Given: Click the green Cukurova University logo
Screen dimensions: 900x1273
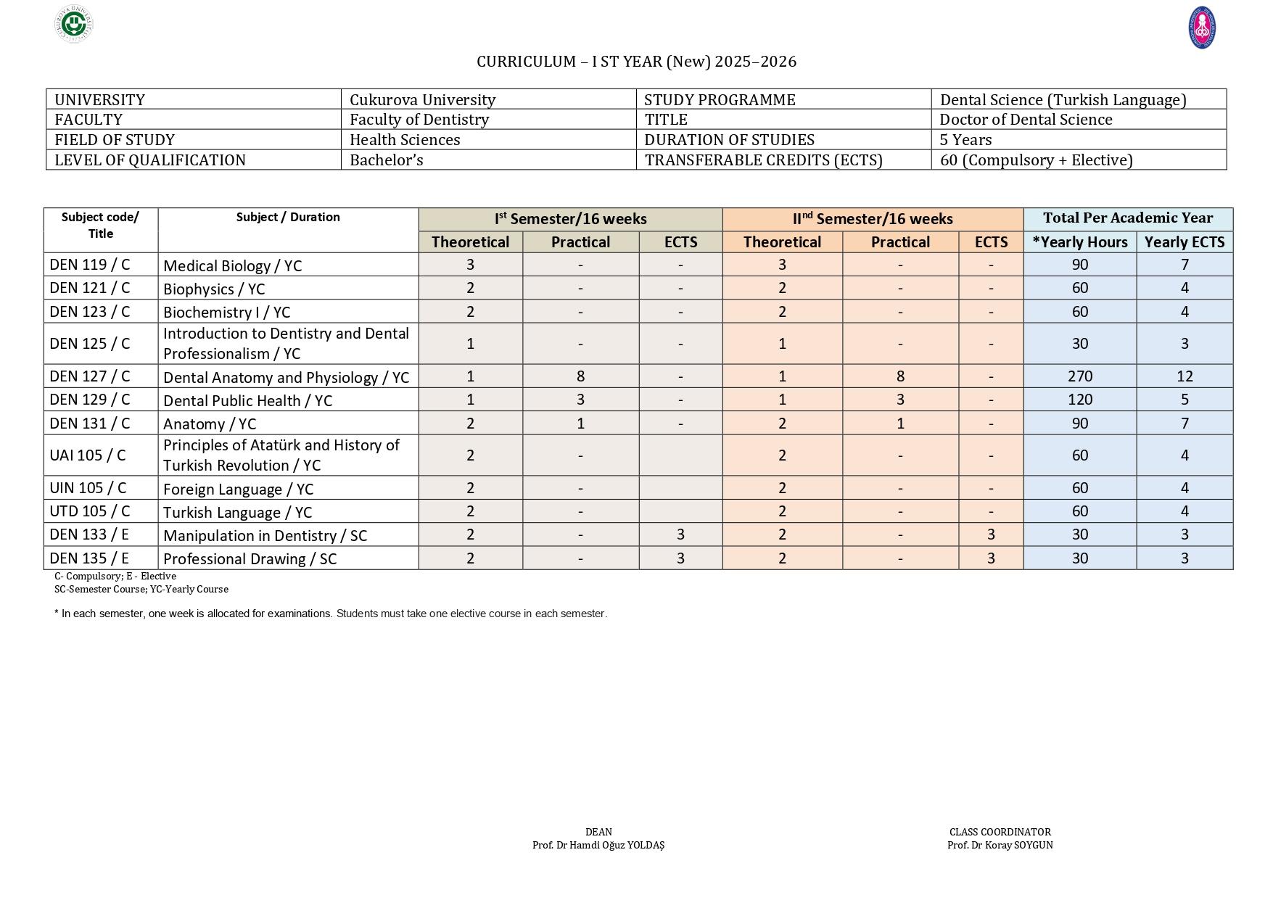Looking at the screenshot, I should point(74,25).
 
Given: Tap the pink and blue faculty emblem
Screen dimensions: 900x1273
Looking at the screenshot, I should point(1202,28).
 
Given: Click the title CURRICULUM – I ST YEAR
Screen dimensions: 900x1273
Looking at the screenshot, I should point(636,62).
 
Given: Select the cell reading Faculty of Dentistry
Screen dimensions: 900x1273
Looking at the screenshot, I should point(419,120).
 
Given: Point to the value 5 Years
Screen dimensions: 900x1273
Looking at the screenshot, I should point(965,140).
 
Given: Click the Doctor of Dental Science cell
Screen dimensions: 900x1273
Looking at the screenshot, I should point(1026,120).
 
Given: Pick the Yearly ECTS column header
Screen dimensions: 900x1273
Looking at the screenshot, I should point(1184,242).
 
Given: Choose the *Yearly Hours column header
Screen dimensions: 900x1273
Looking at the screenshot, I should point(1079,242).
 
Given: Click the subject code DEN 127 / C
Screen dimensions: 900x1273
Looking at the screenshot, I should point(90,376).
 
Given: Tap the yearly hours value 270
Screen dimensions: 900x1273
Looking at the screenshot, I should point(1079,376).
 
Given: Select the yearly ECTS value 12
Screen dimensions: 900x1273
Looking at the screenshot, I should point(1184,376).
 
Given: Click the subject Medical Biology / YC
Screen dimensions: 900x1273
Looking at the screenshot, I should point(232,265).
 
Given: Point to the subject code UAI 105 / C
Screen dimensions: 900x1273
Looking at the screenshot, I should point(88,455).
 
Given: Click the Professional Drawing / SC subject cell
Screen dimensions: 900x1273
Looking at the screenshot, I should point(250,558).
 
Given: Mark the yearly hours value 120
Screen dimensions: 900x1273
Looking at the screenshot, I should point(1079,400).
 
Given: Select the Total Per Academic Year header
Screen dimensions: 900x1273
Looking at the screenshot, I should point(1127,218).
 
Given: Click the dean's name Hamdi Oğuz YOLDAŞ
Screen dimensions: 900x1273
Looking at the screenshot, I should point(598,845).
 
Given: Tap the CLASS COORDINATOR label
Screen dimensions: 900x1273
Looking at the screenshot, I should point(1000,832).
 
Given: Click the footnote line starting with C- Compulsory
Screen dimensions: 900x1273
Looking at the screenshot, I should point(115,576).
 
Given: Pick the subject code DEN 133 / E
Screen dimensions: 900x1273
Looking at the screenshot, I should point(89,534).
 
